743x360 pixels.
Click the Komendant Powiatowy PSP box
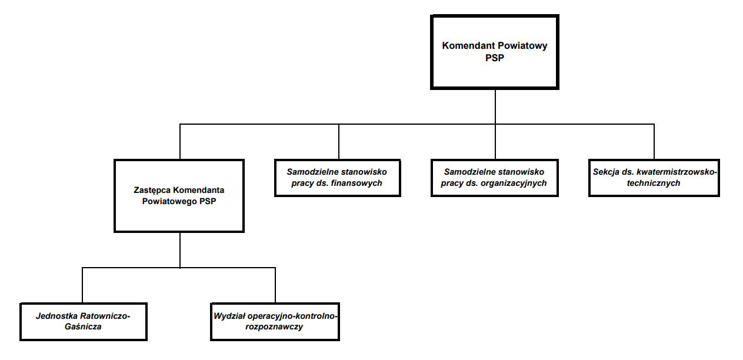pos(495,52)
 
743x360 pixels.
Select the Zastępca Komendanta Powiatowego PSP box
pos(179,195)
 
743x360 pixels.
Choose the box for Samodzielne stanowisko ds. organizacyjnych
pos(495,178)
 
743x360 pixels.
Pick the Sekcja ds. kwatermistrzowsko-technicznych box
pos(654,178)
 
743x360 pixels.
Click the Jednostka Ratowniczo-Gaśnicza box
pos(82,322)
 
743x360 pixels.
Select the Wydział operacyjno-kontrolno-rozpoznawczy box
pos(275,322)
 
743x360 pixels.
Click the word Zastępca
pos(152,190)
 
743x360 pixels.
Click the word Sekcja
pos(607,172)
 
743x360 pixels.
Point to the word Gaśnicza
pos(82,326)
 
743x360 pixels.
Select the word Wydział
pos(230,316)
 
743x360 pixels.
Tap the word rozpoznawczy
pos(275,326)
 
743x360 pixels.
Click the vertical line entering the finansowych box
pos(339,142)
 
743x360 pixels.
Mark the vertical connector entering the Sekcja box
pos(654,142)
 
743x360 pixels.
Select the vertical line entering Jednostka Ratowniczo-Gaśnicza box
pos(82,286)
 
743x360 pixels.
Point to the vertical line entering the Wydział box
pos(275,286)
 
